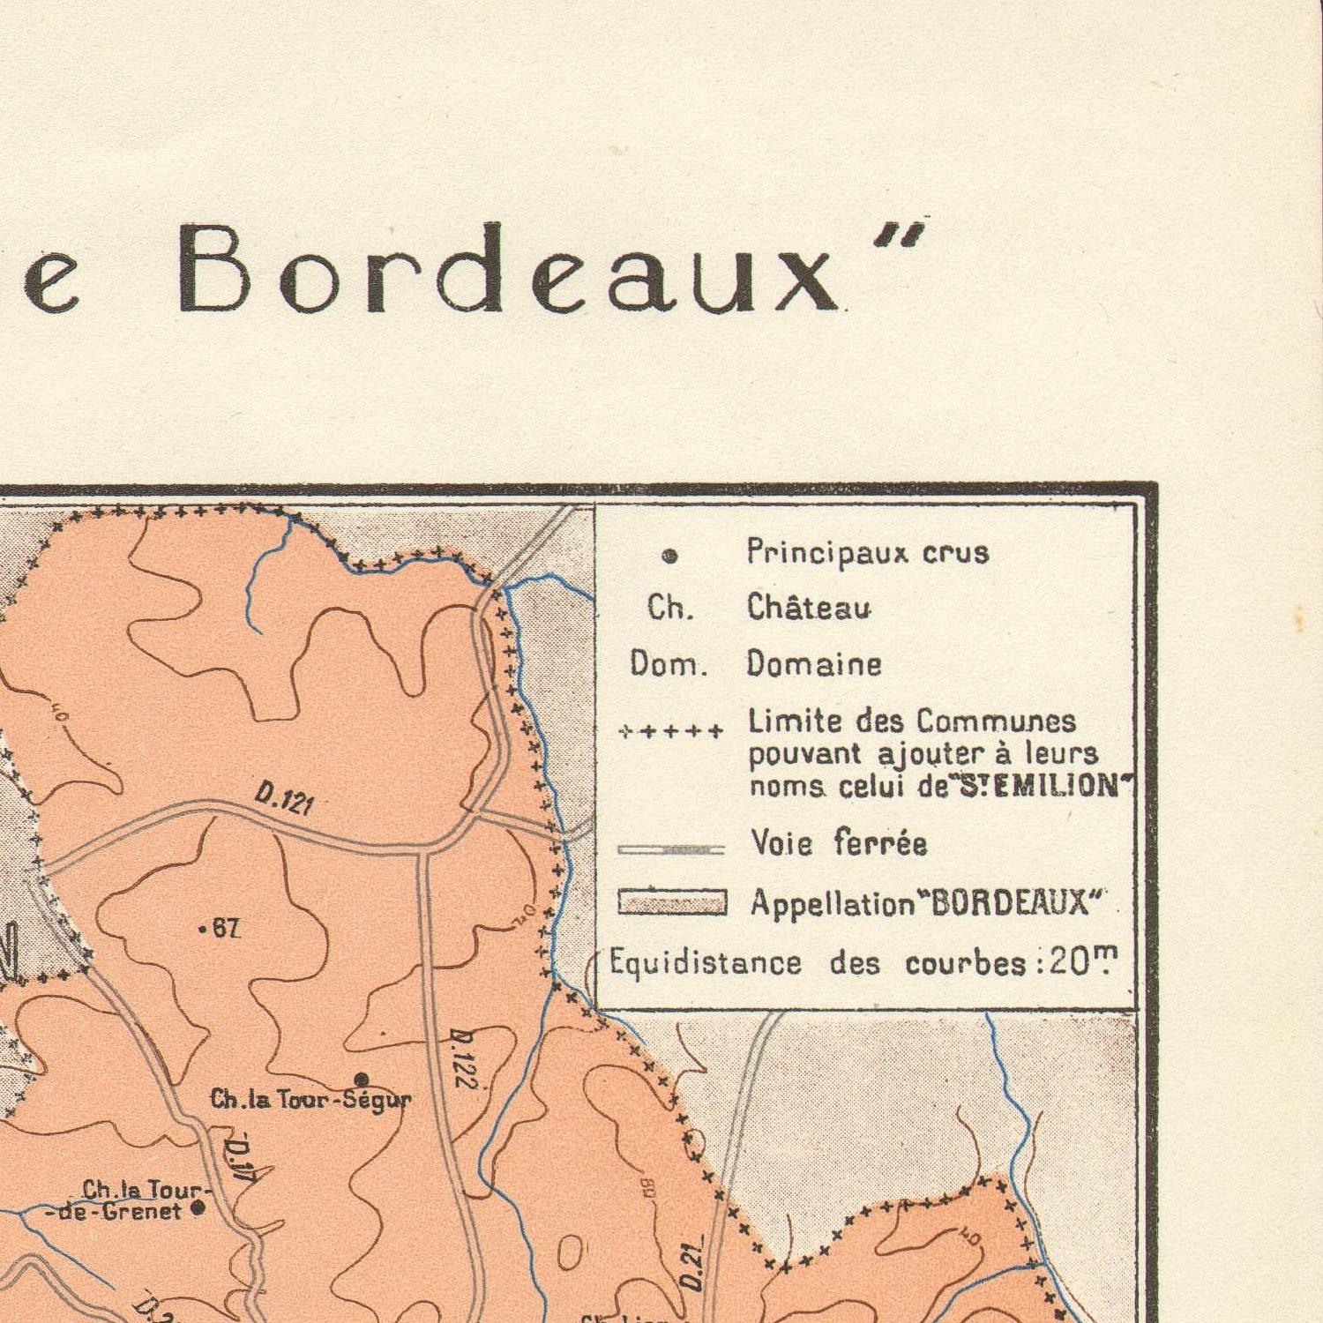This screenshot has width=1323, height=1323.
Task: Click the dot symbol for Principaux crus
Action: (x=669, y=556)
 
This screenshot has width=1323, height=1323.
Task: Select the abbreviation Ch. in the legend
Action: (x=670, y=608)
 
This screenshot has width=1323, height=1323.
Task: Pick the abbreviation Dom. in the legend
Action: (x=669, y=663)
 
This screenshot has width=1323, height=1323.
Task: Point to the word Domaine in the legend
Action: (x=813, y=663)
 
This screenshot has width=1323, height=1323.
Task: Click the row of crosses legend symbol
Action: (x=671, y=731)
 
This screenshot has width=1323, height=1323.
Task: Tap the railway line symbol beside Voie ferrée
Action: (x=671, y=849)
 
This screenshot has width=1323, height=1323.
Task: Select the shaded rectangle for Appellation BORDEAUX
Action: (x=672, y=902)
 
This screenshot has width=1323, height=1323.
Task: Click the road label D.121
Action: (x=284, y=799)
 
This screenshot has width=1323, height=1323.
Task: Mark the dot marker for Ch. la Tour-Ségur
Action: (x=361, y=1079)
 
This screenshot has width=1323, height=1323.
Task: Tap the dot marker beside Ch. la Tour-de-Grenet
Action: (x=198, y=1208)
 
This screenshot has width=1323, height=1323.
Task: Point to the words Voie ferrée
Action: (x=838, y=844)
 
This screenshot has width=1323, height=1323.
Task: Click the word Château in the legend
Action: (x=809, y=608)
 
